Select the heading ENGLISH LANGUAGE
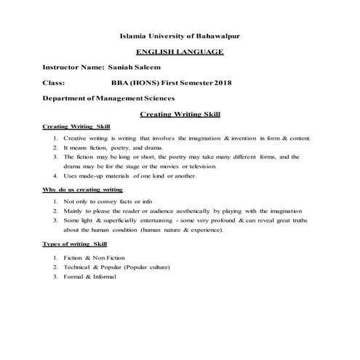coord(180,52)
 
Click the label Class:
coord(54,83)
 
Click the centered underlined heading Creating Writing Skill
coord(180,114)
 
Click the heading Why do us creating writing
coord(82,190)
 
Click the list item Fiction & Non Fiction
coord(105,258)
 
